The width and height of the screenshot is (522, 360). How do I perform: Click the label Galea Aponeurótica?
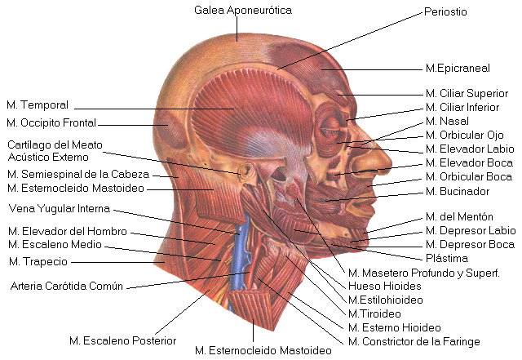242,11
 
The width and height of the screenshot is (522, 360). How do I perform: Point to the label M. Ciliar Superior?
467,94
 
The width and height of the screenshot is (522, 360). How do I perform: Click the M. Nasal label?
447,122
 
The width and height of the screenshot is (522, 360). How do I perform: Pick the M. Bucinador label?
458,192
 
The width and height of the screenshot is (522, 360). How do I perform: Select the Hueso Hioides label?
384,286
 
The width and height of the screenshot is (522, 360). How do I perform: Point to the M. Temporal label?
38,105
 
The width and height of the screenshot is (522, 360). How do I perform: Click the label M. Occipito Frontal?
51,123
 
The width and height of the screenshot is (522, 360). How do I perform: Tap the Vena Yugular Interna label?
59,207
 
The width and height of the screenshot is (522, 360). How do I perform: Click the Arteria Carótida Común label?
66,287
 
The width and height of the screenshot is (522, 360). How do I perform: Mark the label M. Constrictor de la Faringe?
414,341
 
